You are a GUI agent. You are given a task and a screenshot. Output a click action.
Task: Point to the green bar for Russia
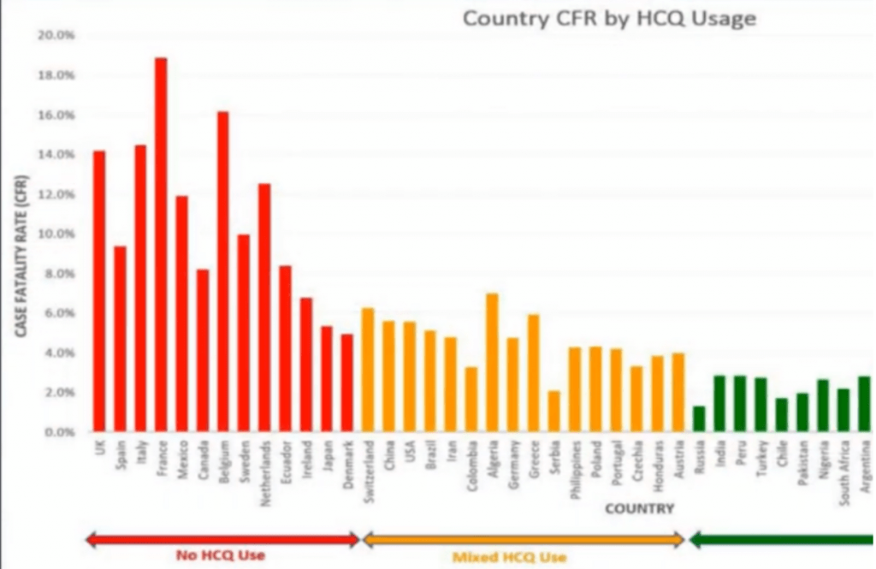coord(699,418)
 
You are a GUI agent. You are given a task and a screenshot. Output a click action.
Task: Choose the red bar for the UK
coord(98,291)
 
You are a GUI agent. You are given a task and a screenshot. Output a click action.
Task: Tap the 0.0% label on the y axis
coord(58,433)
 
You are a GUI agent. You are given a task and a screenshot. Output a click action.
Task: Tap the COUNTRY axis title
coord(639,509)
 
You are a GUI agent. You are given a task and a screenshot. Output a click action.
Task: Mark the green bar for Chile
coord(782,414)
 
